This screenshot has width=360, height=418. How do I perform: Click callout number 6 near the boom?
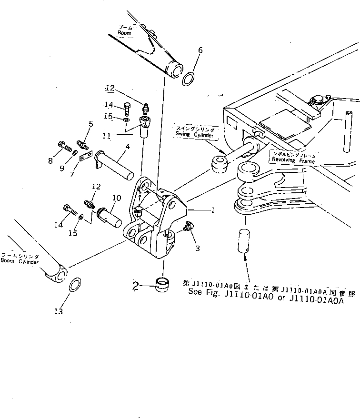[x=200, y=51]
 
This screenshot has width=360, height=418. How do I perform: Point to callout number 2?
[x=136, y=286]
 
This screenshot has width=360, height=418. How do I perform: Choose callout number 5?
[x=90, y=125]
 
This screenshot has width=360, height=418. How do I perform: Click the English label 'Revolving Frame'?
[x=294, y=160]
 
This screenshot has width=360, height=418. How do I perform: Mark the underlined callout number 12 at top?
[x=110, y=88]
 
